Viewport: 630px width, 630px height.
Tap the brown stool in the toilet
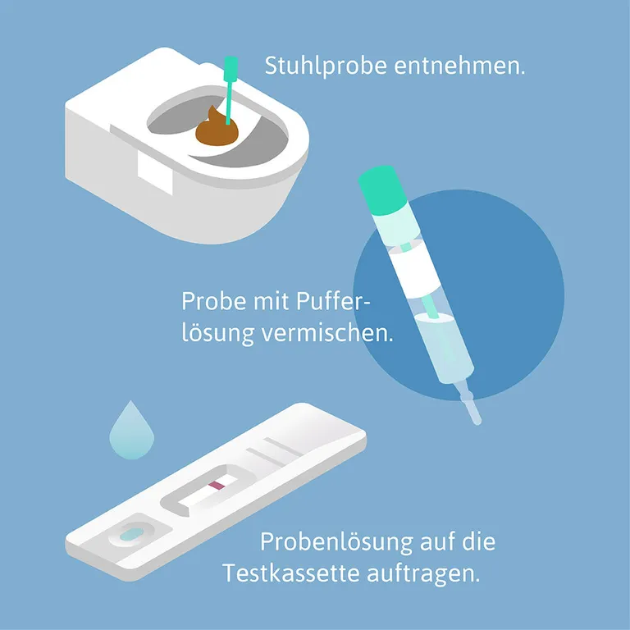tap(216, 130)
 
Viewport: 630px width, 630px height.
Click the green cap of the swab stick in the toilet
tap(231, 66)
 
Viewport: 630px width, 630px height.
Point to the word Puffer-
tap(332, 303)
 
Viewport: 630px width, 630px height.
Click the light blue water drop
tap(131, 429)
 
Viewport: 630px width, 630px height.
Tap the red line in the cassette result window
tap(217, 486)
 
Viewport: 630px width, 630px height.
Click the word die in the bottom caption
tap(479, 542)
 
